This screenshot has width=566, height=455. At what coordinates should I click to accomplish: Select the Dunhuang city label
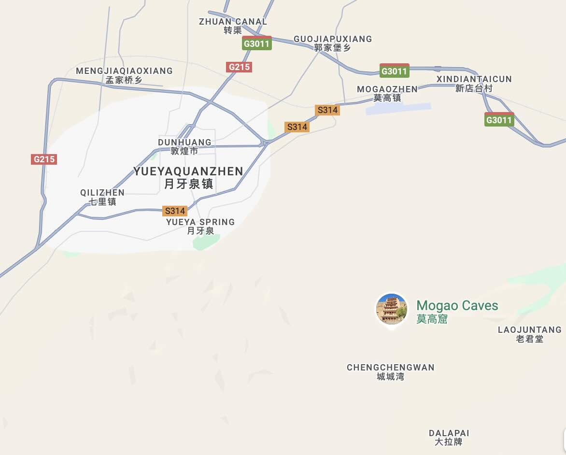click(184, 146)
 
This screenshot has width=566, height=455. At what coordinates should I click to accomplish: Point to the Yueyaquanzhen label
click(188, 177)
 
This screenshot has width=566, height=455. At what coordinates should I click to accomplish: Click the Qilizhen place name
click(102, 197)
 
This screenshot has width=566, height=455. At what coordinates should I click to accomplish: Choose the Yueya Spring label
click(200, 226)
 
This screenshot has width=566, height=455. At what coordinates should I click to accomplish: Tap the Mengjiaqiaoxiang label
click(124, 75)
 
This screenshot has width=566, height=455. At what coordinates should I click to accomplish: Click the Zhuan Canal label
click(233, 26)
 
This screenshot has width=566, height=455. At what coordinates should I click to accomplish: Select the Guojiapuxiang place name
click(333, 43)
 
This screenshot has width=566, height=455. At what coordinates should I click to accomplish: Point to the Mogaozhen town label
click(387, 93)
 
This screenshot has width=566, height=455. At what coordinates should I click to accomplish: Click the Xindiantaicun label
click(474, 83)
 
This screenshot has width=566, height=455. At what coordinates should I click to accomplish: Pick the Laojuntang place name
click(530, 334)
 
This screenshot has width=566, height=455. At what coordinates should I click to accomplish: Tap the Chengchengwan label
click(390, 371)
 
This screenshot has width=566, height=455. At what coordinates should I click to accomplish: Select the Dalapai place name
click(449, 437)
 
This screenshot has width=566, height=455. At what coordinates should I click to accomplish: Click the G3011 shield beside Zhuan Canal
click(257, 43)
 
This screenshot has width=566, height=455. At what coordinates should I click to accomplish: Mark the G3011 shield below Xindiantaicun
click(499, 120)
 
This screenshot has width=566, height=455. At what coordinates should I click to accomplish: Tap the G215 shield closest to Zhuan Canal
click(239, 67)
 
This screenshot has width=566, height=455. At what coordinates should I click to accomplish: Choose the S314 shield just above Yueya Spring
click(175, 211)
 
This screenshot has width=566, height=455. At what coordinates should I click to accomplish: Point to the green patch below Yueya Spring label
click(207, 242)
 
